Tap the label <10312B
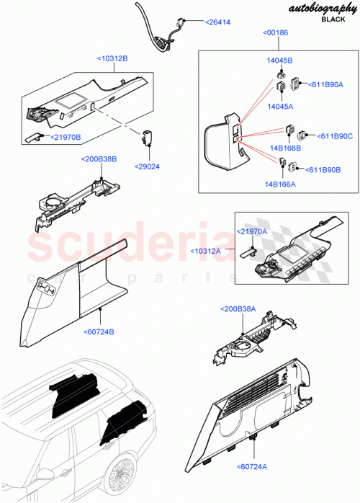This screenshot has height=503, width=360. pos(113,58)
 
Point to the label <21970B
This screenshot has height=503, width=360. pos(65,137)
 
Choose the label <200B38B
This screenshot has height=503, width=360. pos(99,159)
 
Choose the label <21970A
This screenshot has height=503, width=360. pos(252,231)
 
